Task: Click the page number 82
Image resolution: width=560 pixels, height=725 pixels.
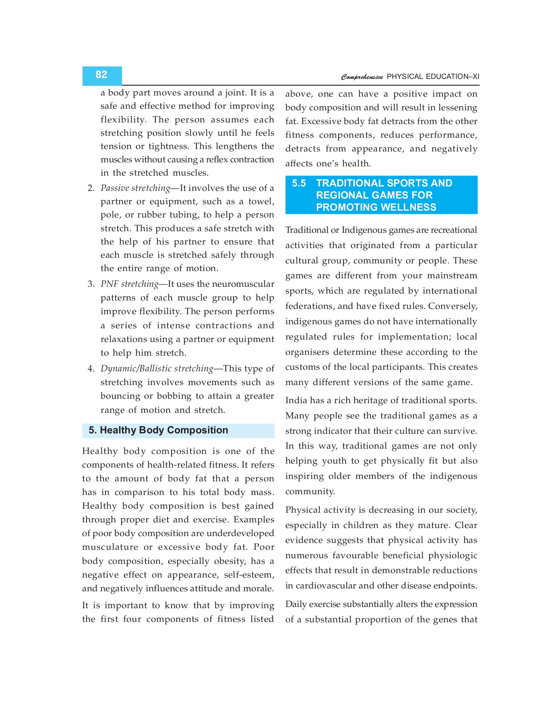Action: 101,75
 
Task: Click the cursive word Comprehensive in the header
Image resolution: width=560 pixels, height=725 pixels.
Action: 362,77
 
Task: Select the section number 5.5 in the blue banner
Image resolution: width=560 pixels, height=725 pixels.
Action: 299,183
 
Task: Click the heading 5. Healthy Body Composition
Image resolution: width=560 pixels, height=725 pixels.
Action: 158,430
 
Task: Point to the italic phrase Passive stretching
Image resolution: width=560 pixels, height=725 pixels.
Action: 135,188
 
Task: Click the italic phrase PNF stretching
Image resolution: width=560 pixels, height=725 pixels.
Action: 129,284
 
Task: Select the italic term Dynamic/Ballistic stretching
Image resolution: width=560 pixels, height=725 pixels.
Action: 157,369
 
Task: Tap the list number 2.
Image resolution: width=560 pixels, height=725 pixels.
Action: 91,188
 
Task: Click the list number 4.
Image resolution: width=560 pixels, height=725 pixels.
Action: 91,369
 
